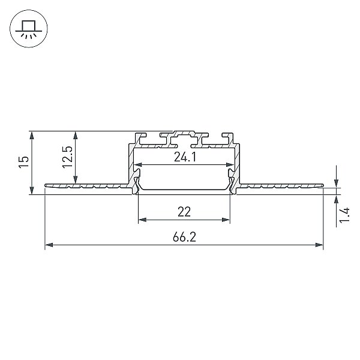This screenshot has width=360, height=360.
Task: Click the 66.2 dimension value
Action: [x=184, y=237]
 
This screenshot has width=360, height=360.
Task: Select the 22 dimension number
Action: [x=184, y=212]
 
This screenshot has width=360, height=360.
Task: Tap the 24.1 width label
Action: [x=185, y=157]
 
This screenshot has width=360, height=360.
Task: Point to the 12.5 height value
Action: [x=67, y=157]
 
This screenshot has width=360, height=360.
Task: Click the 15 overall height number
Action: [x=24, y=162]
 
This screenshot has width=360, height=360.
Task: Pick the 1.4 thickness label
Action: [x=344, y=215]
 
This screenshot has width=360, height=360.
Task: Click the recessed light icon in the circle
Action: [x=29, y=29]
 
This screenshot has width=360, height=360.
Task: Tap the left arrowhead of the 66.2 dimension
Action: [x=49, y=245]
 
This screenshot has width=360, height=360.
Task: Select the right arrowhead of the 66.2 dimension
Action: [x=319, y=245]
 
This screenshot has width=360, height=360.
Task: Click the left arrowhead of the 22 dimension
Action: [x=143, y=220]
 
